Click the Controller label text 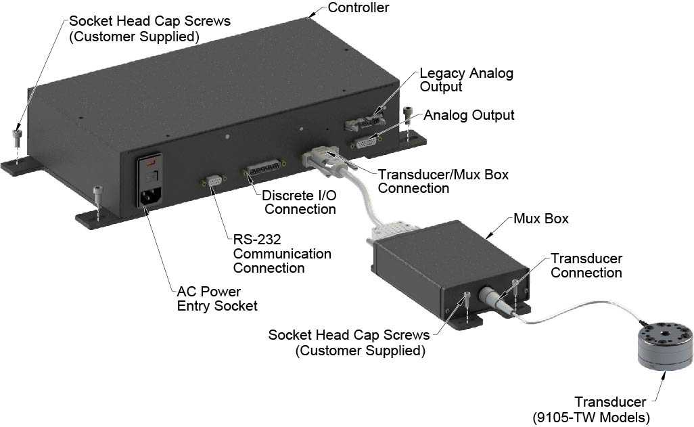pyautogui.click(x=358, y=8)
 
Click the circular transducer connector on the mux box pyautogui.click(x=492, y=298)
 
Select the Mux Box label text pyautogui.click(x=541, y=219)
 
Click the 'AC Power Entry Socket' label pyautogui.click(x=217, y=298)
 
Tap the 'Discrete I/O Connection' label pyautogui.click(x=299, y=202)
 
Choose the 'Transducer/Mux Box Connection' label pyautogui.click(x=443, y=181)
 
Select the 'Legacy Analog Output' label pyautogui.click(x=466, y=80)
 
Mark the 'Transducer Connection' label pyautogui.click(x=586, y=265)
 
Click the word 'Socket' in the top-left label pyautogui.click(x=91, y=21)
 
